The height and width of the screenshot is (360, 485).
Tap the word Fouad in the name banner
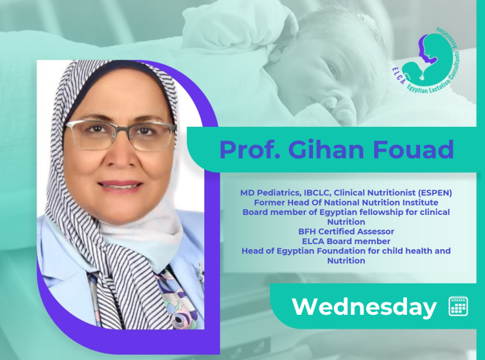tap(414, 149)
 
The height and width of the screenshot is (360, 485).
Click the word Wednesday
tap(364, 307)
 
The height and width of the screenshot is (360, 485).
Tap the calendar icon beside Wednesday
tap(459, 306)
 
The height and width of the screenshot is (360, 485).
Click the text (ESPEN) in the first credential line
tap(435, 193)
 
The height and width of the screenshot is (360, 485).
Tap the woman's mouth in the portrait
tap(120, 185)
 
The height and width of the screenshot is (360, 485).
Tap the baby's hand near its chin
tap(338, 106)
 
